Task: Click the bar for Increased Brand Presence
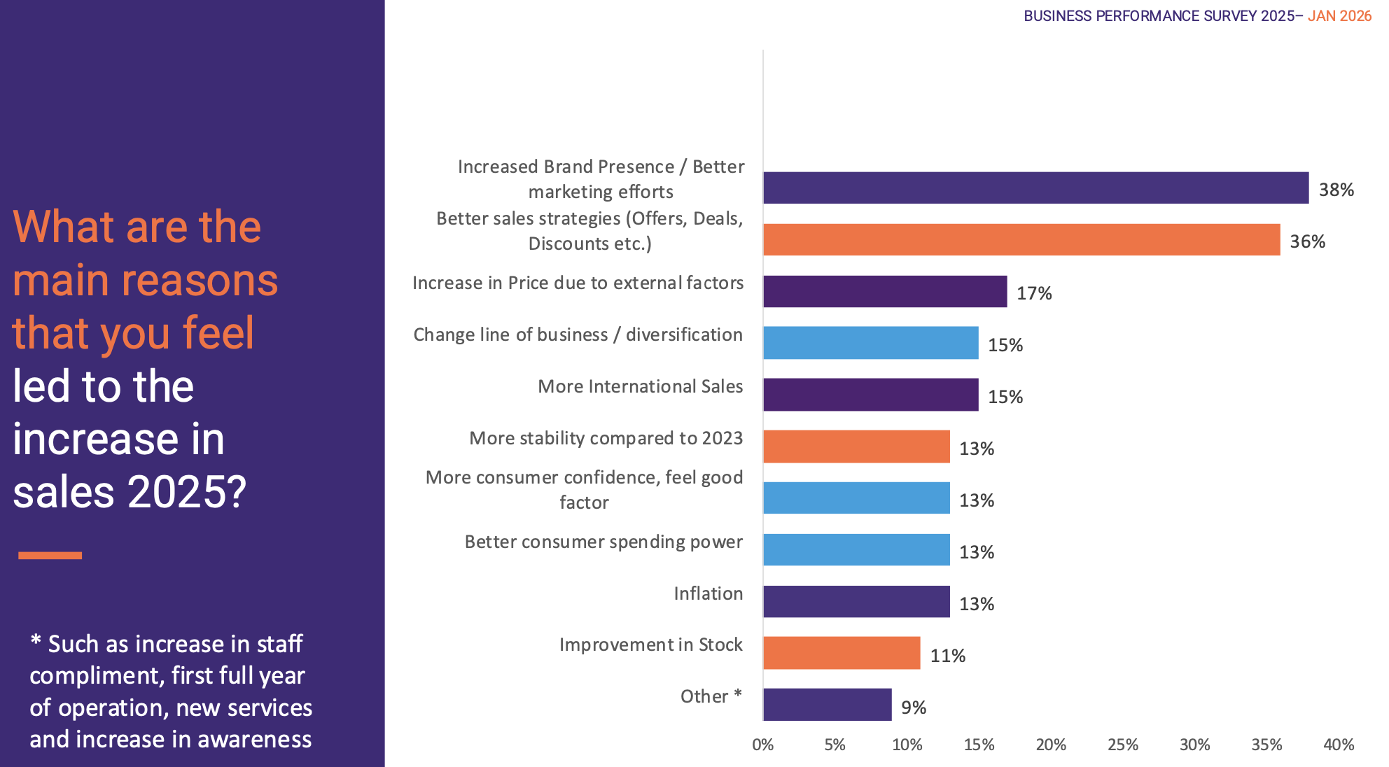pyautogui.click(x=1035, y=188)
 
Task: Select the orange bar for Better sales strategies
pyautogui.click(x=1021, y=239)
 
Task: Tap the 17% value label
pyautogui.click(x=1034, y=293)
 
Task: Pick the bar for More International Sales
pyautogui.click(x=870, y=395)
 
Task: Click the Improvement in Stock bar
pyautogui.click(x=842, y=653)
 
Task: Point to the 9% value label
pyautogui.click(x=914, y=708)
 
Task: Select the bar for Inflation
pyautogui.click(x=856, y=602)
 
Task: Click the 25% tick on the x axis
pyautogui.click(x=1122, y=745)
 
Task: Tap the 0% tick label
pyautogui.click(x=762, y=745)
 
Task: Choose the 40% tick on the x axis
pyautogui.click(x=1338, y=745)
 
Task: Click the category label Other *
pyautogui.click(x=711, y=696)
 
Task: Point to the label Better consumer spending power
pyautogui.click(x=603, y=542)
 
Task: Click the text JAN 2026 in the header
pyautogui.click(x=1339, y=16)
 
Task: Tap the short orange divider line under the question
pyautogui.click(x=50, y=556)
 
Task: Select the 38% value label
pyautogui.click(x=1336, y=190)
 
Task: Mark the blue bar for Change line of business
pyautogui.click(x=870, y=343)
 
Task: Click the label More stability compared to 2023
pyautogui.click(x=606, y=438)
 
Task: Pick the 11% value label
pyautogui.click(x=947, y=656)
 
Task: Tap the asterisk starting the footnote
pyautogui.click(x=36, y=640)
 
